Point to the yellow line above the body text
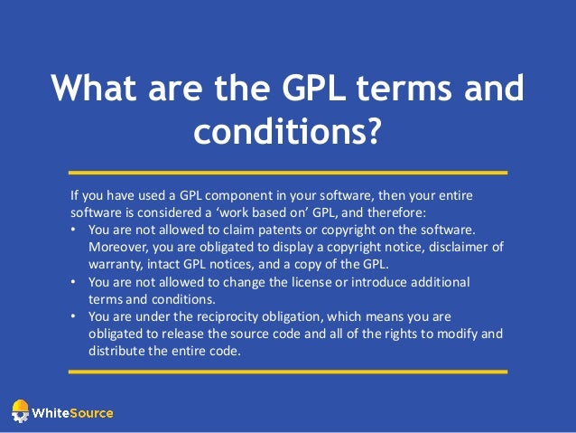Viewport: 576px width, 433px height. pyautogui.click(x=288, y=171)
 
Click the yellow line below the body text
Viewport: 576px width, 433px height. pyautogui.click(x=288, y=371)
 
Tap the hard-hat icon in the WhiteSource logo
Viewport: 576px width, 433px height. pyautogui.click(x=19, y=411)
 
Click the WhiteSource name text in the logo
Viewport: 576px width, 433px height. pyautogui.click(x=72, y=413)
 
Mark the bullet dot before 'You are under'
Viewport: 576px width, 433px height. pyautogui.click(x=74, y=317)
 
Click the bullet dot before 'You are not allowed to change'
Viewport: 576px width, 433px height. pyautogui.click(x=74, y=283)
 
